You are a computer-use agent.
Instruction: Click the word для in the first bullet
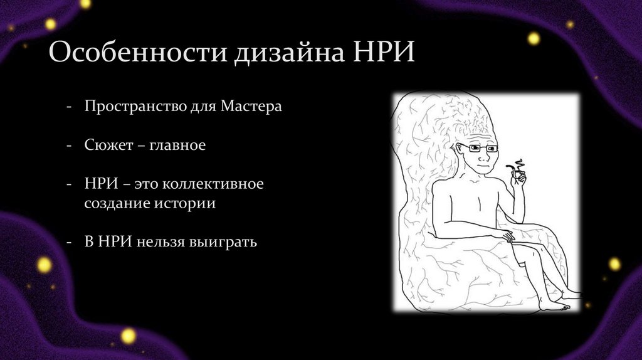click(201, 106)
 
